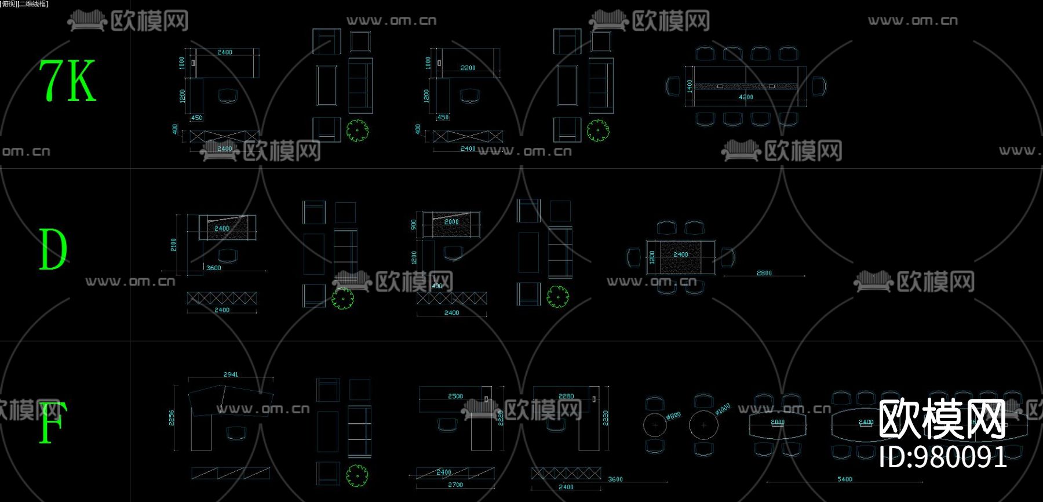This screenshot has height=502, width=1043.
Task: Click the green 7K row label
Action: click(x=67, y=81)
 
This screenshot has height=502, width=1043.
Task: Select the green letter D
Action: click(x=53, y=249)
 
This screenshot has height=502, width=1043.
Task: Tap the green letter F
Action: click(x=52, y=423)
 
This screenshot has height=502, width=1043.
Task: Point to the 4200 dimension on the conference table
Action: click(x=746, y=97)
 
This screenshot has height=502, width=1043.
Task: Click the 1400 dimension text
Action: click(x=689, y=86)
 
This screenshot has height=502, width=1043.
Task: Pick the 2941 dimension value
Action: click(x=231, y=374)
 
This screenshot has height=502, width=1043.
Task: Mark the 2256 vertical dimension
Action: click(x=172, y=417)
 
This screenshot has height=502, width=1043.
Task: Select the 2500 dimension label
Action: click(x=455, y=396)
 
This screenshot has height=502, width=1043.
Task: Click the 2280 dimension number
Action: click(x=566, y=396)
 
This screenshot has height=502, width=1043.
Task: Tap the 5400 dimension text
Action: click(x=845, y=479)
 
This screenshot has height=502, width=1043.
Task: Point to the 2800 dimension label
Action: click(x=764, y=273)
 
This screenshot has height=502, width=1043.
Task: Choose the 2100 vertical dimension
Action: click(x=174, y=245)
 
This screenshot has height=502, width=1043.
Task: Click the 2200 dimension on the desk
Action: click(x=468, y=68)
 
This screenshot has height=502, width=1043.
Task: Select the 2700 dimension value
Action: click(x=455, y=485)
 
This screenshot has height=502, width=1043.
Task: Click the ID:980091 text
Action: click(x=942, y=457)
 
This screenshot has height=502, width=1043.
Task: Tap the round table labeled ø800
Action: click(x=655, y=425)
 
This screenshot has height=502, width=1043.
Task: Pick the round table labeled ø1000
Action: click(x=703, y=425)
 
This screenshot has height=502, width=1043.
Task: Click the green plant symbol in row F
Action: click(x=357, y=476)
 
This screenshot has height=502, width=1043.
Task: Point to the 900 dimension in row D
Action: click(x=413, y=224)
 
